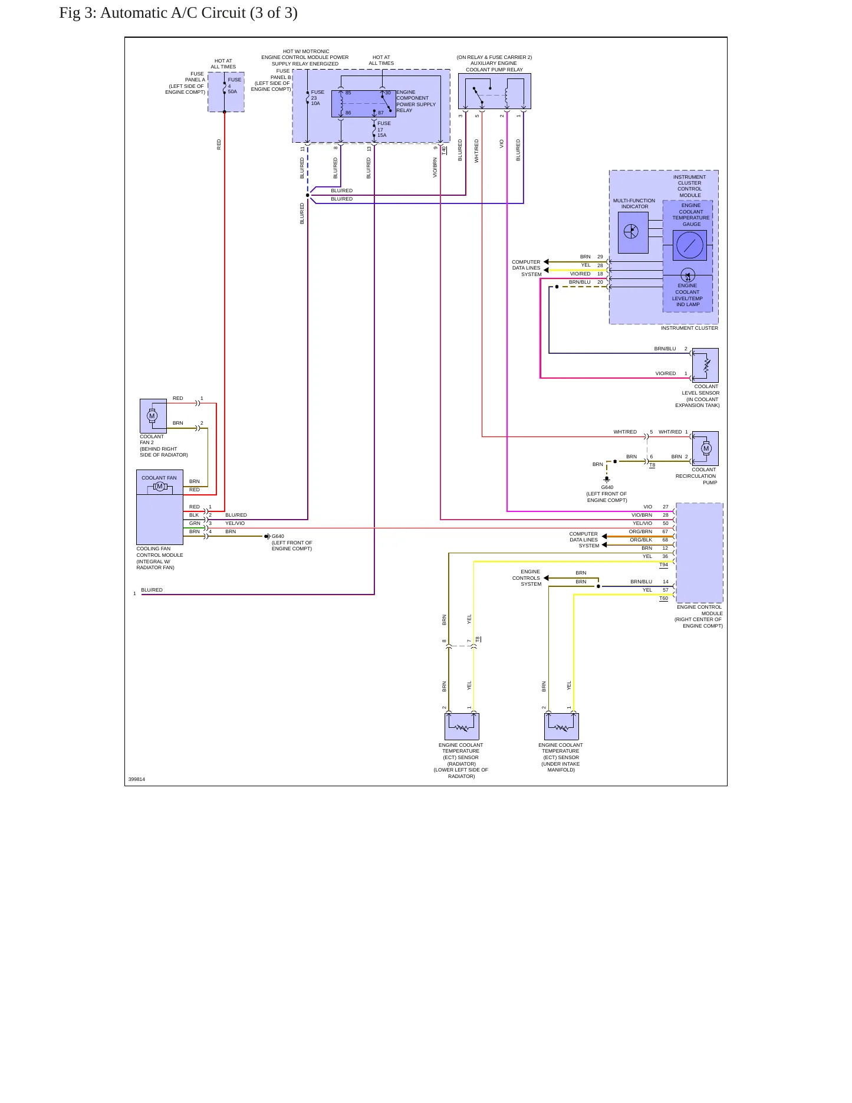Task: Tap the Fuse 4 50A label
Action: coord(234,86)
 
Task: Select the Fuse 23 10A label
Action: coord(317,98)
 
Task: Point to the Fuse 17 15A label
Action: coord(384,129)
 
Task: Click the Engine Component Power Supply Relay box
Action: coord(364,104)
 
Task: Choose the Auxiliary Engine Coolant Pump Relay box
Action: coord(494,91)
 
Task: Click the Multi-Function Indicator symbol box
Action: coord(633,232)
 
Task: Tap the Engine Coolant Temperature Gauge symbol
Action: coord(689,245)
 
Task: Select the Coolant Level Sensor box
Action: coord(705,365)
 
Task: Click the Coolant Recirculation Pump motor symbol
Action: coord(706,448)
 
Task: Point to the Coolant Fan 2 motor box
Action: coord(153,416)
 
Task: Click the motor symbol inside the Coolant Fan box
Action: coord(159,486)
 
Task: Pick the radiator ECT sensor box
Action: coord(462,726)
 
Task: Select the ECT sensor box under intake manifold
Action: coord(561,726)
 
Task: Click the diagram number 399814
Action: coord(137,779)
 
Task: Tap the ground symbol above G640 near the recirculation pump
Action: coord(607,480)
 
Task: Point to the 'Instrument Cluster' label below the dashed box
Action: coord(689,328)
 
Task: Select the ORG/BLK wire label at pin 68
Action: coord(641,540)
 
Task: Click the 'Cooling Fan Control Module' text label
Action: coord(160,551)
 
